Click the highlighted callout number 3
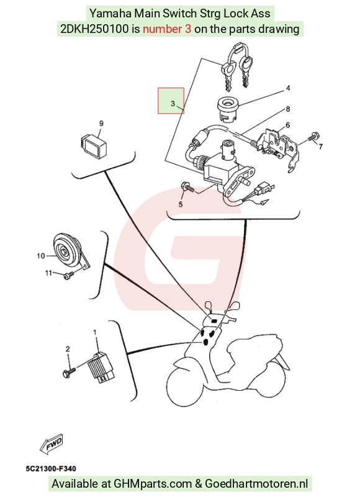(173, 104)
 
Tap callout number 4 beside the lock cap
(288, 88)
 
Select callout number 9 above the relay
(101, 123)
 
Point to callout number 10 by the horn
(41, 255)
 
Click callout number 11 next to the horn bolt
(48, 273)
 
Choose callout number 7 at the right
(320, 147)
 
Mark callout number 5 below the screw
(181, 204)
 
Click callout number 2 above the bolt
(68, 349)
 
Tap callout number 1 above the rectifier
(95, 332)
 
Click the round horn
(66, 251)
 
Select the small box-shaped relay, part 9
(92, 146)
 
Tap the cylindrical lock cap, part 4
(227, 109)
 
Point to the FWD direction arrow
(52, 443)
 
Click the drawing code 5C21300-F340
(51, 468)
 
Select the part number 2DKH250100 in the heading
(95, 29)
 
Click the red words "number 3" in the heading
(167, 29)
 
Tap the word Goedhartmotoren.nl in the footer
(256, 484)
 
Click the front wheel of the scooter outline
(185, 386)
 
